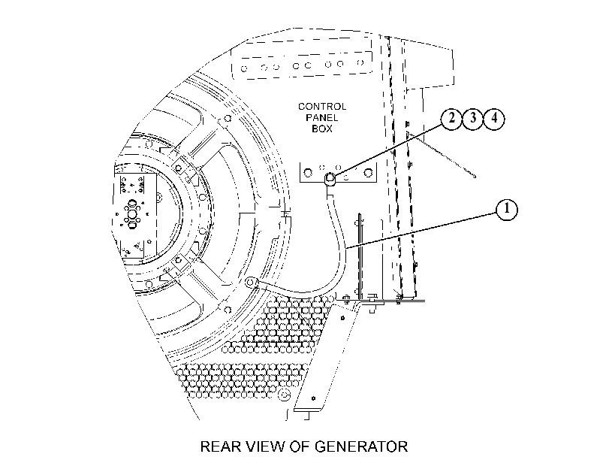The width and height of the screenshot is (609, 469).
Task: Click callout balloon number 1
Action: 507,210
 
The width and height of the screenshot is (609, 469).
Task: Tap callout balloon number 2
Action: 451,118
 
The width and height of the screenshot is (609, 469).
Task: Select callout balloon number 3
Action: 472,118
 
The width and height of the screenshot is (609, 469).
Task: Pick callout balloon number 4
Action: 494,118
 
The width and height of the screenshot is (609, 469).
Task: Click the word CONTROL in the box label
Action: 322,107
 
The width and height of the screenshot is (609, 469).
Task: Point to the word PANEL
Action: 322,117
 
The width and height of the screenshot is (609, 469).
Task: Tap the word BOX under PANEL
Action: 322,129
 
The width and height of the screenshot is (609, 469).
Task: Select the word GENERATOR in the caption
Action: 361,446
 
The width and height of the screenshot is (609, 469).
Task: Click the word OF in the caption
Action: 299,446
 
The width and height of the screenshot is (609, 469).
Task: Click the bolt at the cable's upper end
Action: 330,178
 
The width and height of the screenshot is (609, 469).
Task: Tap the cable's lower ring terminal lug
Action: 251,282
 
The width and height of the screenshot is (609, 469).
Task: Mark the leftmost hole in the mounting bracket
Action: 308,172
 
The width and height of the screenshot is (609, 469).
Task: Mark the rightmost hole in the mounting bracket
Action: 369,172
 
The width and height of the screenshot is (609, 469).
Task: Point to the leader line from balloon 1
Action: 421,230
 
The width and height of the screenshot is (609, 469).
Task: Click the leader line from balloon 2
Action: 387,151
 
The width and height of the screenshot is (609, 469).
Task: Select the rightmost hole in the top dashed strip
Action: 360,62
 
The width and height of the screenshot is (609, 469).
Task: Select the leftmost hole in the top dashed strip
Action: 244,69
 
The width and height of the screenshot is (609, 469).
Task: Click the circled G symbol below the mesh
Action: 285,395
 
